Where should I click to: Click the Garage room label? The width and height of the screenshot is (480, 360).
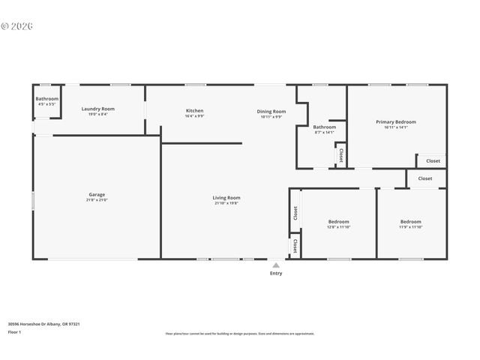[x=97, y=195]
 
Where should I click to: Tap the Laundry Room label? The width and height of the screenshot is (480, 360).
[x=97, y=109]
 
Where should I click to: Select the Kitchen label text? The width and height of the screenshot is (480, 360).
[x=194, y=110]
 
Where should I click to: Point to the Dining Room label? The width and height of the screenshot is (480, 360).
[x=271, y=111]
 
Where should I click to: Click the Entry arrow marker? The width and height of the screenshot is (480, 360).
[x=276, y=265]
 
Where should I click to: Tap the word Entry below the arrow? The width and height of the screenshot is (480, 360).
[x=276, y=273]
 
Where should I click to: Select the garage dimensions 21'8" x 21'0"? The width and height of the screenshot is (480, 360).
[x=97, y=200]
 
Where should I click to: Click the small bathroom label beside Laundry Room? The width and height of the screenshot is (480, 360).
[x=46, y=98]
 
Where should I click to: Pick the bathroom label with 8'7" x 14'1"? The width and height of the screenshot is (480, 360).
[x=325, y=127]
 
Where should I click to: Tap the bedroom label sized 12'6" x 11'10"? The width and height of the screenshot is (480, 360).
[x=338, y=221]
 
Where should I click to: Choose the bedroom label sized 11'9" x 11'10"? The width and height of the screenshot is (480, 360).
[x=410, y=221]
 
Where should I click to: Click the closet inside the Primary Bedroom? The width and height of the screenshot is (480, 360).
[x=433, y=160]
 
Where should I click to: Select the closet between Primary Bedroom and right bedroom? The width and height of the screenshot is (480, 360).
[x=425, y=178]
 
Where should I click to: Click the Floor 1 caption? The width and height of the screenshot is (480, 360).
[x=14, y=331]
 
